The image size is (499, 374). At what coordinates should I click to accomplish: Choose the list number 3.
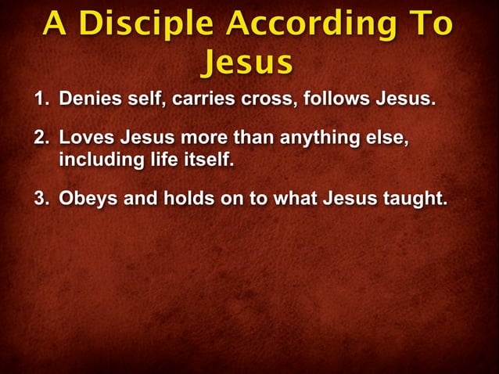pyautogui.click(x=39, y=196)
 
